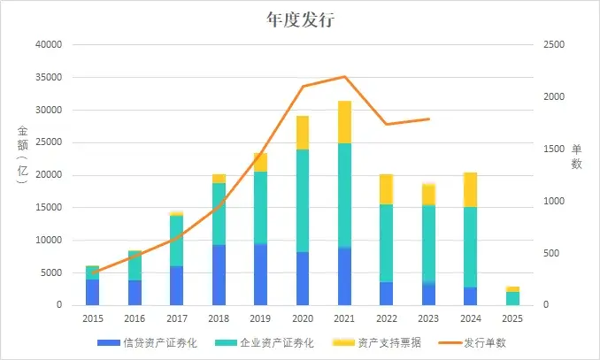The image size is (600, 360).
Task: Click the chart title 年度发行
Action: [x=299, y=19]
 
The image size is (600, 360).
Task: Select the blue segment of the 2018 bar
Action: [x=218, y=275]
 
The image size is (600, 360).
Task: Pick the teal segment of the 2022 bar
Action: [x=386, y=243]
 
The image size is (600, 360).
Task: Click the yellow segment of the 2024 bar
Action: [x=470, y=189]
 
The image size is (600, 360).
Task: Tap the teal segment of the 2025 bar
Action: [x=512, y=298]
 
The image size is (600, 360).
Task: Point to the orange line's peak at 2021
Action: [x=344, y=77]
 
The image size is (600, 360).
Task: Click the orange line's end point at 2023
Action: [x=429, y=119]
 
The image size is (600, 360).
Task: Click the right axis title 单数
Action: [x=576, y=157]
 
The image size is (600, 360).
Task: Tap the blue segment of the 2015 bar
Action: [x=92, y=292]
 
